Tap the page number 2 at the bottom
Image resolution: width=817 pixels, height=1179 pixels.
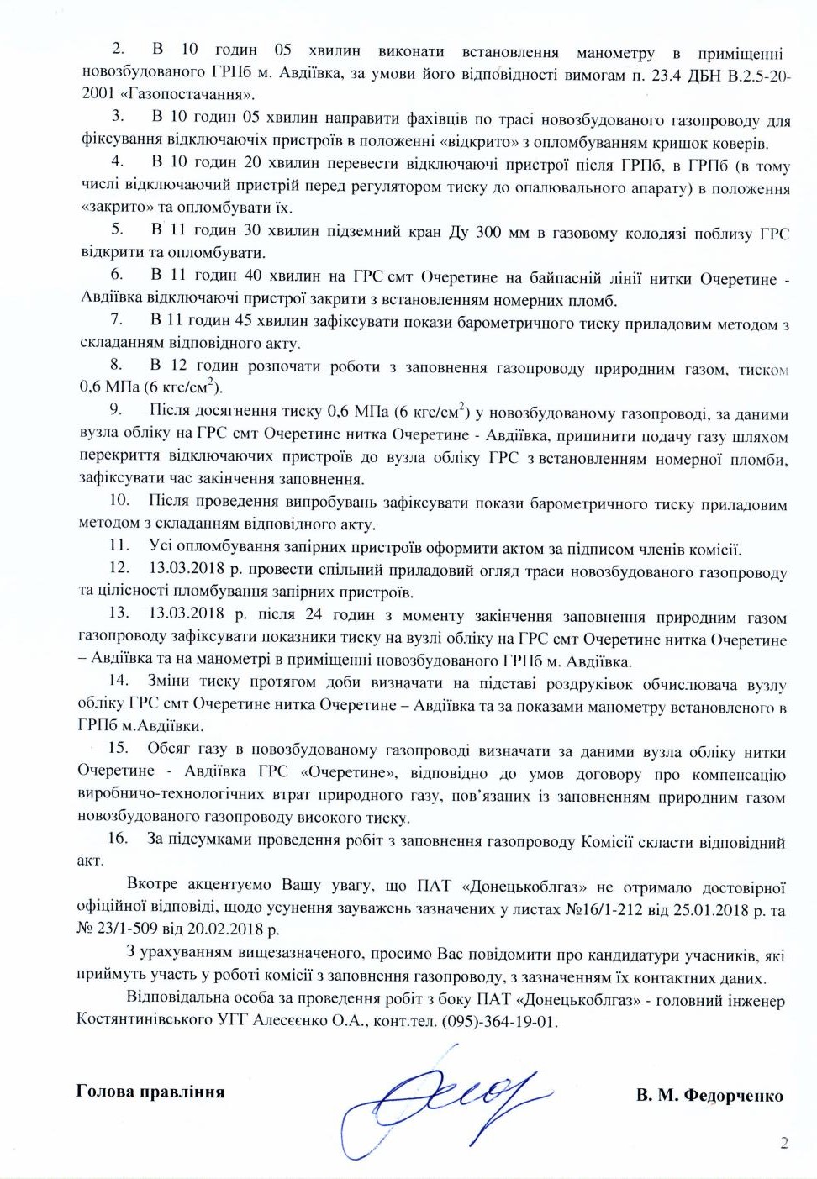(x=784, y=1143)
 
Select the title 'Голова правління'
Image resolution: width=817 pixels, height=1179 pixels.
(x=150, y=1092)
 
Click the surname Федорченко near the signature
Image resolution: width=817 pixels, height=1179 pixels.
(x=734, y=1095)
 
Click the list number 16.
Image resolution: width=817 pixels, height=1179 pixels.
(x=117, y=838)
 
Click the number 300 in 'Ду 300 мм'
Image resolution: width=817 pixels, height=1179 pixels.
(x=488, y=233)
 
